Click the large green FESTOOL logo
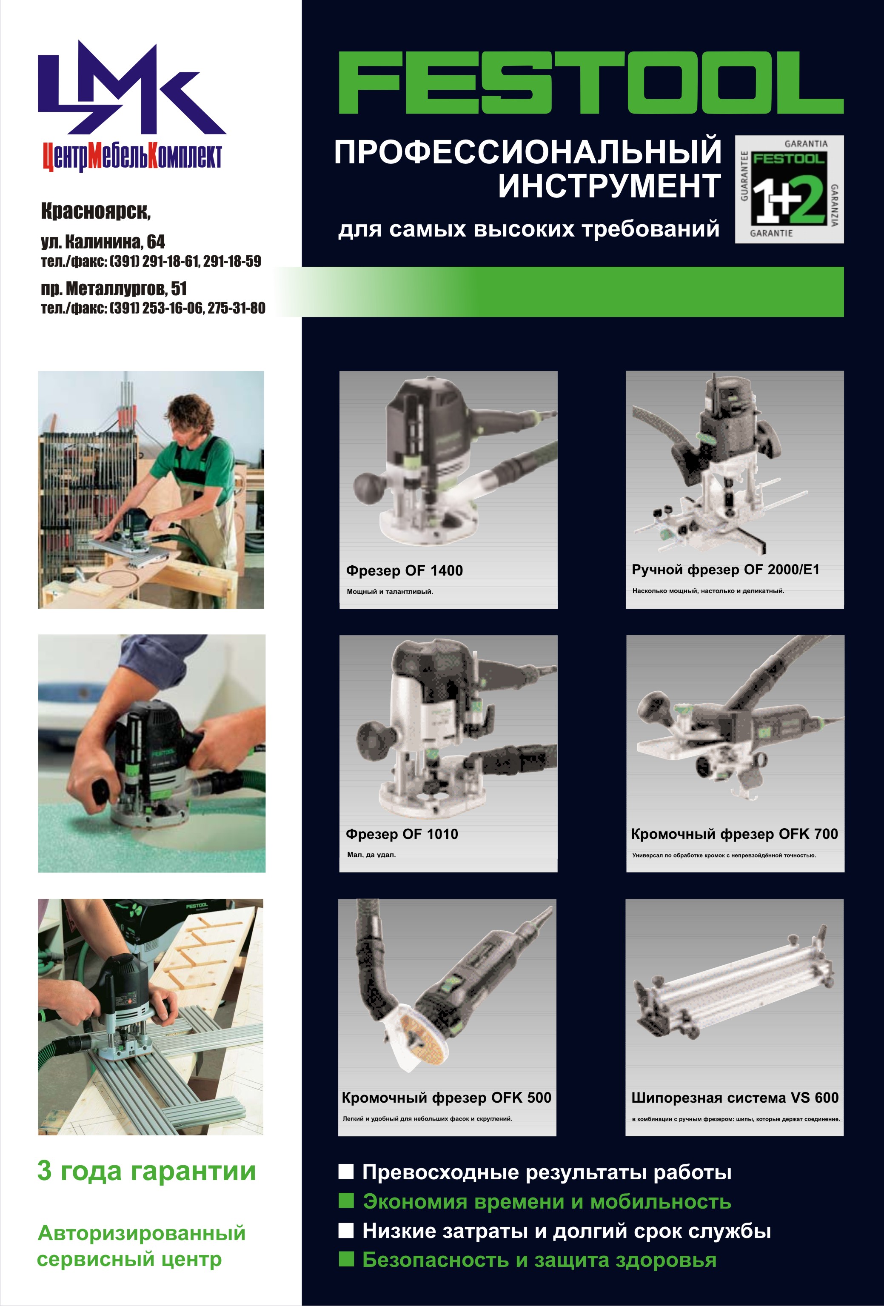point(590,83)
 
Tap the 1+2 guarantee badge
point(789,189)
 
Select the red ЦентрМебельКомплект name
point(133,157)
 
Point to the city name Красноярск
point(96,211)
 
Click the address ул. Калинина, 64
point(103,242)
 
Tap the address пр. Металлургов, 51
point(114,289)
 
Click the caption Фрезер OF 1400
point(404,570)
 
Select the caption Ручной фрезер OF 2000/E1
point(725,570)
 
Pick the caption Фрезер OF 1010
point(402,834)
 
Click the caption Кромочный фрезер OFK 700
point(735,834)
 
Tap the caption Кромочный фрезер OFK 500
point(446,1098)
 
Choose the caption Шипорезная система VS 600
point(735,1098)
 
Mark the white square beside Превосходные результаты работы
point(346,1172)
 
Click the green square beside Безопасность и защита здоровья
point(346,1259)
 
